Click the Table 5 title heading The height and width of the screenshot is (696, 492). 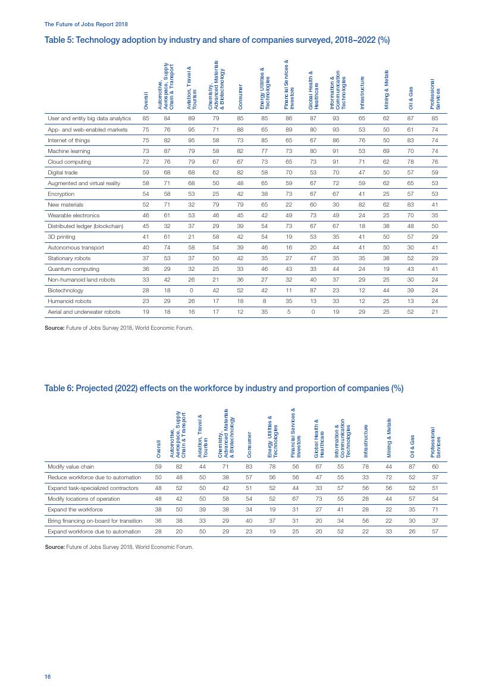217,40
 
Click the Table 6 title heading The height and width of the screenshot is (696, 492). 224,388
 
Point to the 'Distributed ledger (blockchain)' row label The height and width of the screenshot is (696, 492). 85,226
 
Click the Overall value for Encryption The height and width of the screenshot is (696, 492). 145,194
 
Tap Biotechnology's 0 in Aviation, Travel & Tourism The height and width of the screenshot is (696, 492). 192,291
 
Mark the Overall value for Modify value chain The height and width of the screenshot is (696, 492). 158,467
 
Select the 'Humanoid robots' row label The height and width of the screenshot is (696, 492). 70,301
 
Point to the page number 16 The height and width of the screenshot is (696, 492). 48,677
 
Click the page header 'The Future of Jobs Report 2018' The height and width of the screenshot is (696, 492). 86,24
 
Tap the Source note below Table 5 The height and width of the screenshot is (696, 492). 119,327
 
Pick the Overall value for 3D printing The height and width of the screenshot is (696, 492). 145,237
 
